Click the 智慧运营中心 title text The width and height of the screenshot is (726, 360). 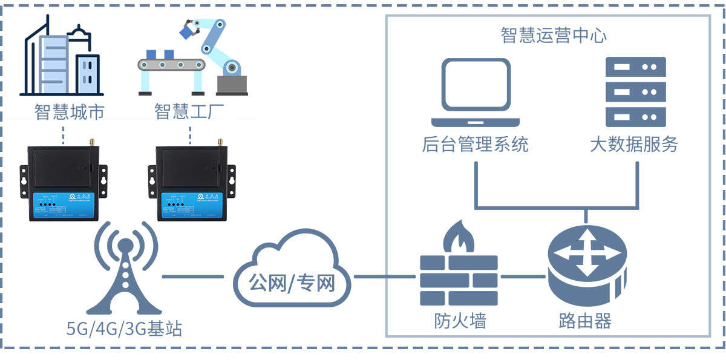554,35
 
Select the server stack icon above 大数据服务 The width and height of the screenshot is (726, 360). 635,91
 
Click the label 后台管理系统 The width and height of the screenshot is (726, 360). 475,145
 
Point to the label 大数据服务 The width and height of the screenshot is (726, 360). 634,145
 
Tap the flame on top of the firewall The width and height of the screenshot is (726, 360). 457,237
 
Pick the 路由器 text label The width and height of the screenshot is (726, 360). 585,320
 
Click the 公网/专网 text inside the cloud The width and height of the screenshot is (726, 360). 292,282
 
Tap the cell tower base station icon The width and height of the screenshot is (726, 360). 125,272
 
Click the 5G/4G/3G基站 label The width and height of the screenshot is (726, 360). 125,329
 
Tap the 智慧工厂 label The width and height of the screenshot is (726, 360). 189,112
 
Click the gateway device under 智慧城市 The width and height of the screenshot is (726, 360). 64,182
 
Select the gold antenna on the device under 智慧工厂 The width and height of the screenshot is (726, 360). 220,142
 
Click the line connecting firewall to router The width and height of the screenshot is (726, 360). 523,277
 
